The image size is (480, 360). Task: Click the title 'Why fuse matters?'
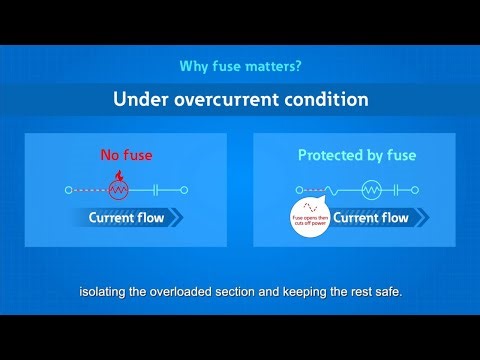[x=240, y=67]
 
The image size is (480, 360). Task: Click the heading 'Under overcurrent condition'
[x=240, y=100]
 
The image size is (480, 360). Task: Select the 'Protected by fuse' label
[x=357, y=155]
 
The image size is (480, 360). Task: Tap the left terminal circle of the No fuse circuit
[x=67, y=188]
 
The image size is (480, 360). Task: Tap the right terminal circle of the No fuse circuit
[x=184, y=188]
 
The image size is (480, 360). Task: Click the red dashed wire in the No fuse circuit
[x=88, y=188]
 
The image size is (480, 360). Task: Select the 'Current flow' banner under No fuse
[x=124, y=217]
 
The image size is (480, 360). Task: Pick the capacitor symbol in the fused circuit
[x=401, y=188]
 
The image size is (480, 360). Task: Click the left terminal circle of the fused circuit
[x=300, y=188]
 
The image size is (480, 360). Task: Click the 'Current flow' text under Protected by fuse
[x=371, y=217]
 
